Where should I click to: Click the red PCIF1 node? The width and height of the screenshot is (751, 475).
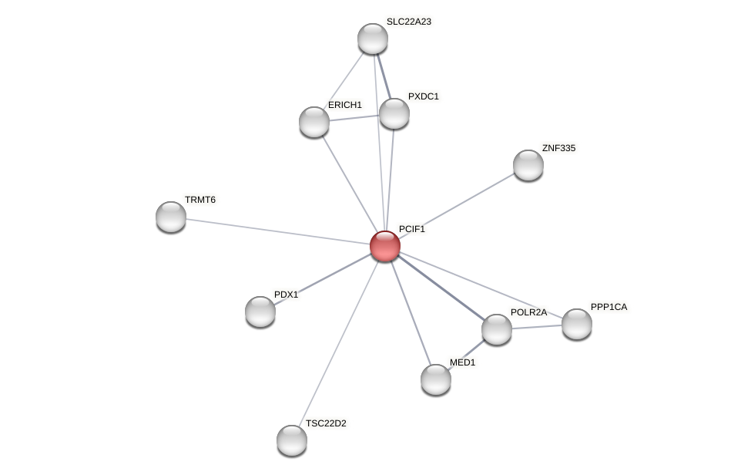point(385,246)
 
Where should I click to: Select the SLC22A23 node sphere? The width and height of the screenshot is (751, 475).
point(373,39)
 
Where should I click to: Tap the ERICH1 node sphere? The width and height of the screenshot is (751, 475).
point(314,122)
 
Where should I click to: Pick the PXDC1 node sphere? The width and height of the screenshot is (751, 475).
point(394,113)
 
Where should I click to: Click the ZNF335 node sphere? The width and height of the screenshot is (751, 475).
point(528,165)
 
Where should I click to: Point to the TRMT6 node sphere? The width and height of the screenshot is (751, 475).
point(171,217)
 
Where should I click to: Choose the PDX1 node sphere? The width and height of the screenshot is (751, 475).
point(260,312)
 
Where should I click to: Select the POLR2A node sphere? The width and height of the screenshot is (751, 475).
point(497,329)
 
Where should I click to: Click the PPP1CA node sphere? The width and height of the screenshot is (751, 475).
point(577,324)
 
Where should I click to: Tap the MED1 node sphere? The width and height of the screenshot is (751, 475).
point(436,379)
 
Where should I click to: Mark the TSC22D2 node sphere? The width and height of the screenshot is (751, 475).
point(292,440)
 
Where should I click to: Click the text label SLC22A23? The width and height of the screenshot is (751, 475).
point(409,22)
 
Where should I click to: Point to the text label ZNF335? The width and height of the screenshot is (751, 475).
point(558,148)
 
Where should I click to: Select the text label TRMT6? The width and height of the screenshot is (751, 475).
point(200,200)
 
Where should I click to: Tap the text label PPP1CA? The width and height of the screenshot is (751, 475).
point(609,307)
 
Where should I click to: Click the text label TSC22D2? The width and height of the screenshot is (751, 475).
point(326,423)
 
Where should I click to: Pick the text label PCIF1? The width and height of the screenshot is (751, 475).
point(412,229)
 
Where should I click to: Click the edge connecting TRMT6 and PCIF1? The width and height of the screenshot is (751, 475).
point(277,231)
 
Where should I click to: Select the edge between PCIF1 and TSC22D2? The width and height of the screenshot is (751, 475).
point(339,342)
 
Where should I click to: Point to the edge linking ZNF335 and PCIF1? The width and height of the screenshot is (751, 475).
point(457,205)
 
